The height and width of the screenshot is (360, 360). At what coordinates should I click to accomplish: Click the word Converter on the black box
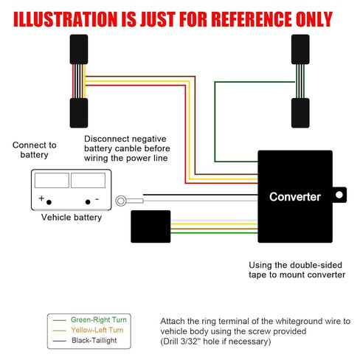[295, 197]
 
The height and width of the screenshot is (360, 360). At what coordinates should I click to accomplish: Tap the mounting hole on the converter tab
[339, 195]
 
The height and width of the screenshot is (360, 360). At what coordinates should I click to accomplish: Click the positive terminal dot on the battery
[49, 202]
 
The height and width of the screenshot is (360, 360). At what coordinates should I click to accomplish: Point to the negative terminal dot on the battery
[88, 202]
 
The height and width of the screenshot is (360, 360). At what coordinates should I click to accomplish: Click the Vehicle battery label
[72, 218]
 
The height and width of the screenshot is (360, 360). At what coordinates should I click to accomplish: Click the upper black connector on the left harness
[79, 49]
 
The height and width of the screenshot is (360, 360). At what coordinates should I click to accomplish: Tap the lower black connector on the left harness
[79, 113]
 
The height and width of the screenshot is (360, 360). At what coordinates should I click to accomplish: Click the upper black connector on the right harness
[300, 49]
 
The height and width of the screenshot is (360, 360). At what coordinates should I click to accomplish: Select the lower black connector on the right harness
[300, 113]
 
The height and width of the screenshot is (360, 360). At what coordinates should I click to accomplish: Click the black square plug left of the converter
[150, 226]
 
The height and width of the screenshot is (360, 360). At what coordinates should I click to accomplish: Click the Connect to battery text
[35, 150]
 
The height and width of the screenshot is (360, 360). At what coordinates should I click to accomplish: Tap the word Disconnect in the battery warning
[103, 139]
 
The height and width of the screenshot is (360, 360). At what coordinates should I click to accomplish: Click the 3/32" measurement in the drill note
[189, 342]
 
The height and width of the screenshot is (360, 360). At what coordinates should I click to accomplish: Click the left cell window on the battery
[52, 180]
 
